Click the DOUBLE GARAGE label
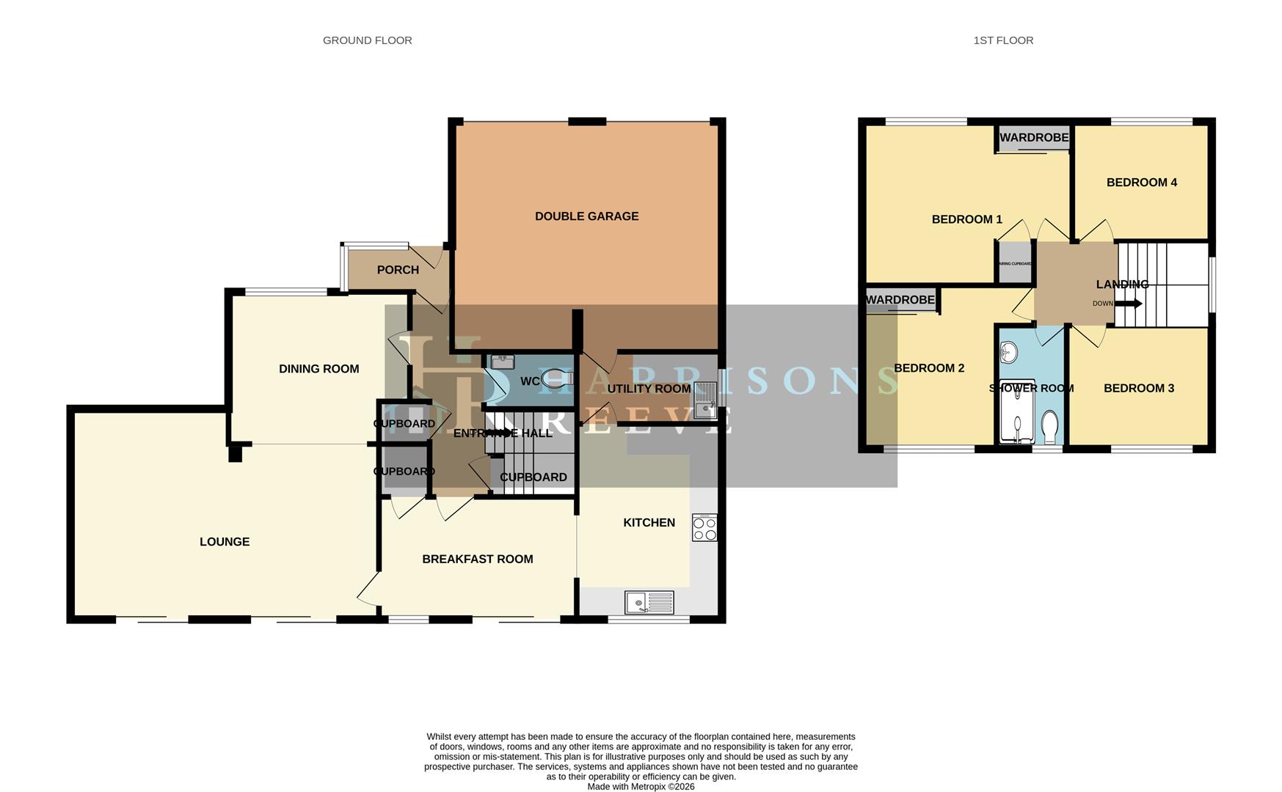(586, 216)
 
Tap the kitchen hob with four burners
(704, 529)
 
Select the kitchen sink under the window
(649, 603)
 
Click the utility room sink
(704, 400)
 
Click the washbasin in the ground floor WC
(503, 362)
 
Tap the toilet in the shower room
(1050, 427)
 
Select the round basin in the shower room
(1008, 353)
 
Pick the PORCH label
(398, 270)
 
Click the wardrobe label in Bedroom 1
(1034, 138)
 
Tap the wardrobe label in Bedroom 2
(900, 300)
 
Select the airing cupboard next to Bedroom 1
(1015, 263)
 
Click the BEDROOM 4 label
(1141, 183)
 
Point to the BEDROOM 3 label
(1138, 388)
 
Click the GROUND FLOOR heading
(367, 40)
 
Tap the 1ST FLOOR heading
(1002, 40)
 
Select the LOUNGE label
(225, 542)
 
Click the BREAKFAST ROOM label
(477, 559)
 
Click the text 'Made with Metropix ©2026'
(641, 786)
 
